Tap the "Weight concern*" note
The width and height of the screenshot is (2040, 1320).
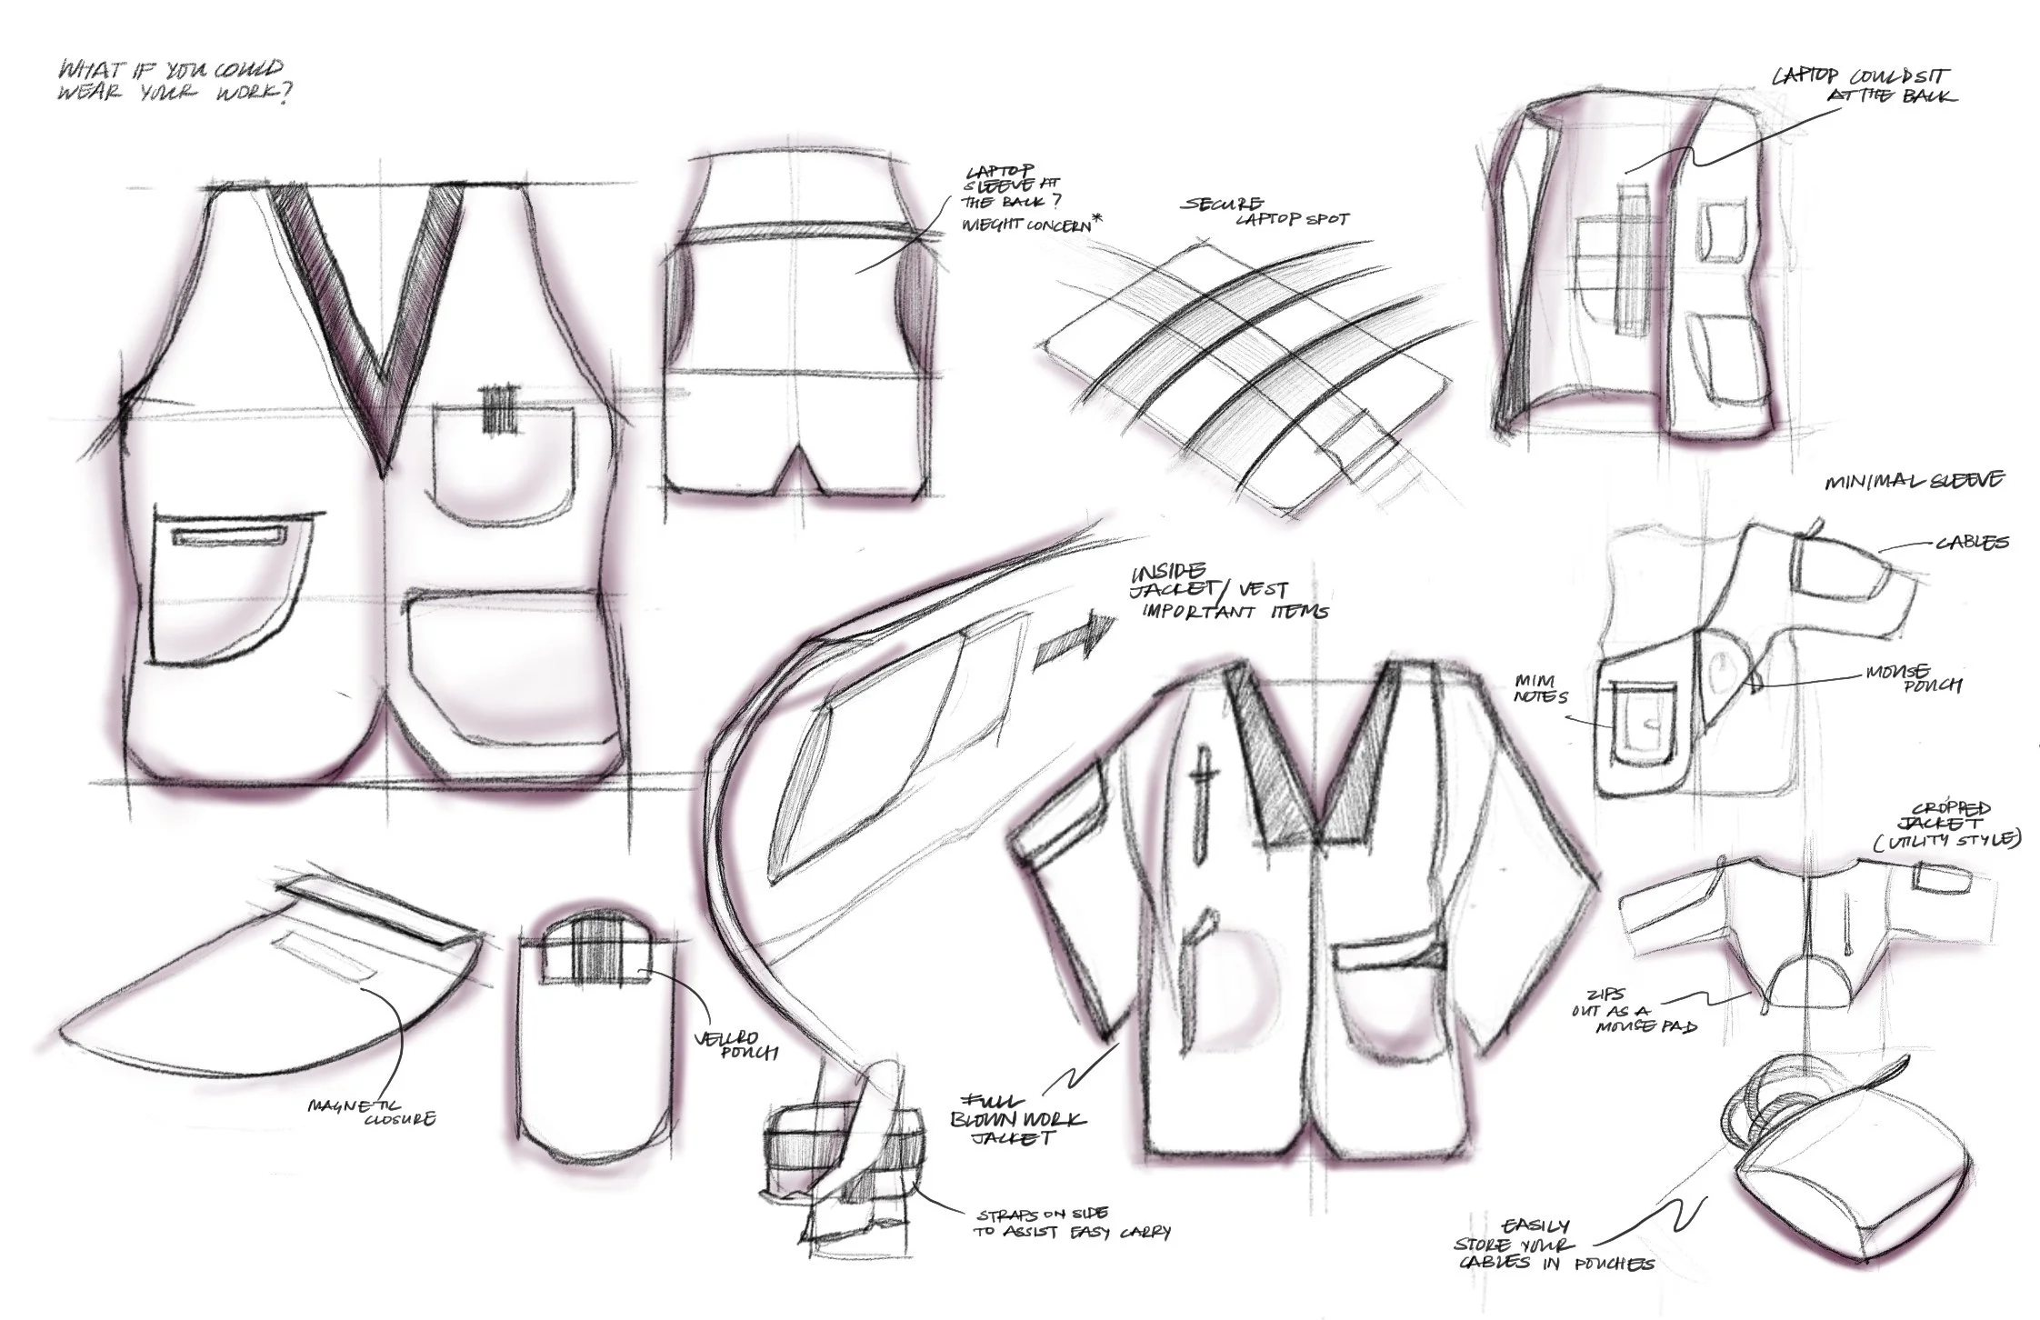click(1025, 224)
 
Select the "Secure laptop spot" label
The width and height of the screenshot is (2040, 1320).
click(1263, 211)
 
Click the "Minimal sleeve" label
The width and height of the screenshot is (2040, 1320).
click(1915, 480)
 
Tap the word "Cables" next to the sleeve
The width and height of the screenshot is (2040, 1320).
click(1971, 543)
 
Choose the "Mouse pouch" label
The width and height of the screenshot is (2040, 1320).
click(1913, 677)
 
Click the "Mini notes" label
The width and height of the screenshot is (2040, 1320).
click(1542, 688)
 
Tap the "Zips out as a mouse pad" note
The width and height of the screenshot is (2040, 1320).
click(1634, 1012)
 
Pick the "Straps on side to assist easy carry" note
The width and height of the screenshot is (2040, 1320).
click(1073, 1223)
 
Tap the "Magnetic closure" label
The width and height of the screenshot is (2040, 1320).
click(370, 1112)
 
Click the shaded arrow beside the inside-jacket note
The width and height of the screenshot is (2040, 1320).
click(1073, 644)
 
